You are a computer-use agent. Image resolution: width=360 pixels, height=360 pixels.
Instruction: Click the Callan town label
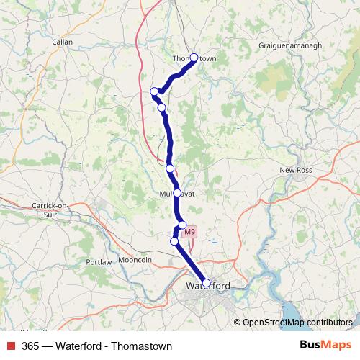tap(63, 42)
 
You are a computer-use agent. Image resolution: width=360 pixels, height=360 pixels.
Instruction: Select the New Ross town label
tap(293, 170)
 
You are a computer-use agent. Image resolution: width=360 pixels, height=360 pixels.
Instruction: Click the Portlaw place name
tap(99, 261)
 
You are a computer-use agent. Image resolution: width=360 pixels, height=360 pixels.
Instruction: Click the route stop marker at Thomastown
tap(194, 58)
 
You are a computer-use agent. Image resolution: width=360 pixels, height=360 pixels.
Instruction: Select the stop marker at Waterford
tap(206, 283)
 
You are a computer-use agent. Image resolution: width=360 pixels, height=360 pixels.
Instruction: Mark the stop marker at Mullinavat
tap(177, 193)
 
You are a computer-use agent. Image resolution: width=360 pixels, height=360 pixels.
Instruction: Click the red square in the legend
tap(12, 346)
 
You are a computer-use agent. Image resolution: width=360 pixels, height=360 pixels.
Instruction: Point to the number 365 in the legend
tap(30, 346)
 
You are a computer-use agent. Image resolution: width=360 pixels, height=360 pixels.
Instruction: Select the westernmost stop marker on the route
tap(154, 91)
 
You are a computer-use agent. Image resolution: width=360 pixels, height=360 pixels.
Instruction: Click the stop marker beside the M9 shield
tap(182, 225)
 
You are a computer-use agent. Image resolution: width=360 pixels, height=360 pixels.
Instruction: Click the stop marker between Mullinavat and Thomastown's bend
tap(170, 168)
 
